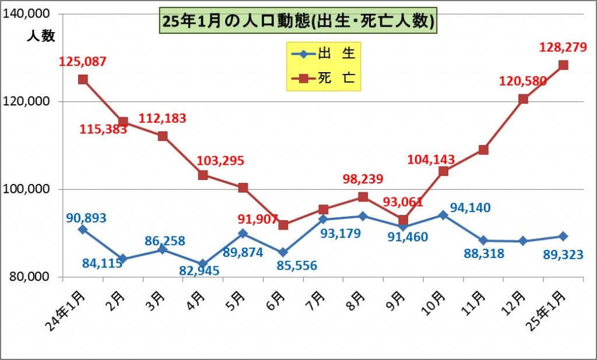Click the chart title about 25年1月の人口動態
pos(297,21)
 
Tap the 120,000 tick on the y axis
pos(29,101)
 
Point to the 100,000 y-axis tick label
pos(29,189)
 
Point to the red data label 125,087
pos(83,61)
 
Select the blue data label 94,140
pos(470,207)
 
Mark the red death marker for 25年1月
pos(563,65)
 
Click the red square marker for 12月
pos(523,99)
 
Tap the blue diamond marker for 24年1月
pos(83,230)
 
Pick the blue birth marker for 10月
pos(443,215)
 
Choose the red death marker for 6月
pos(283,225)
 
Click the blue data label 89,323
pos(563,253)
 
